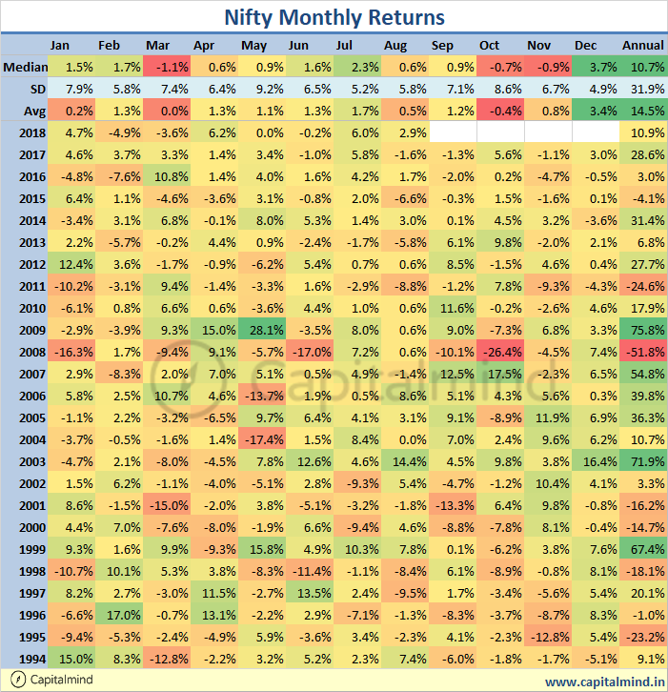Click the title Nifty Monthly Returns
click(334, 17)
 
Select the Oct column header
click(489, 46)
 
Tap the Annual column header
click(643, 46)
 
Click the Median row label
click(23, 67)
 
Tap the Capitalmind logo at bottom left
click(12, 681)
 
